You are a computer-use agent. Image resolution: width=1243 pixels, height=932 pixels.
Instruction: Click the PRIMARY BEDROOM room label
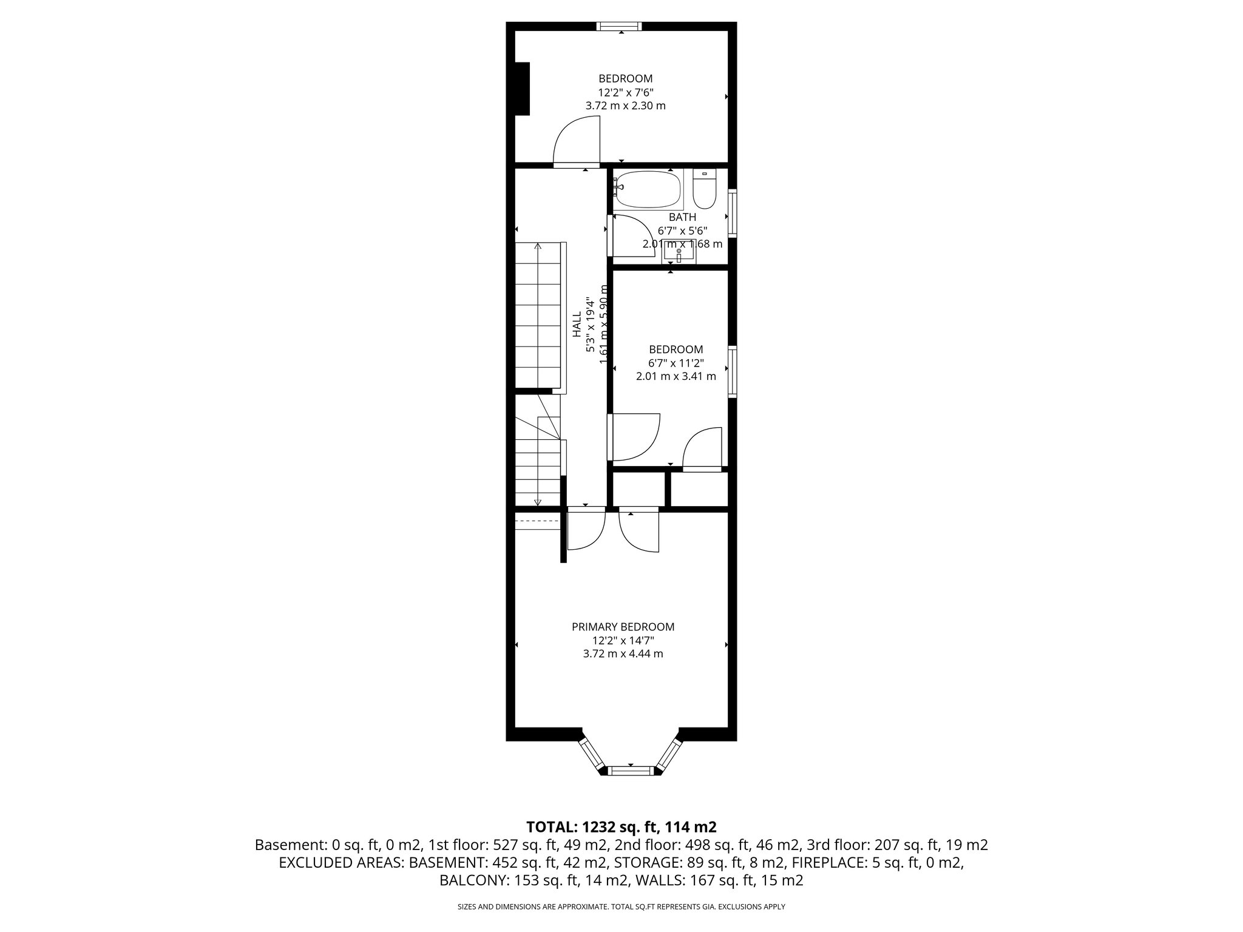(x=623, y=627)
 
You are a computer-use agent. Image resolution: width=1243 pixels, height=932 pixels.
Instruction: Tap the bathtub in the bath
(x=647, y=189)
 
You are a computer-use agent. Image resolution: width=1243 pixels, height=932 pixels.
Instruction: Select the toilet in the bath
(x=705, y=191)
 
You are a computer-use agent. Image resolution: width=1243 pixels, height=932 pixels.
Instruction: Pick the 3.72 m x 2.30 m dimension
(x=625, y=106)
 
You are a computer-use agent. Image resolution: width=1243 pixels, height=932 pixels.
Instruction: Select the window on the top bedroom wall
(x=618, y=26)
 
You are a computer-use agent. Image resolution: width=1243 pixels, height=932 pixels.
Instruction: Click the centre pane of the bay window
(x=631, y=771)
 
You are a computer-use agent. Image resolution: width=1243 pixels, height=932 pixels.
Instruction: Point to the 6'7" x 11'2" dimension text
(x=676, y=363)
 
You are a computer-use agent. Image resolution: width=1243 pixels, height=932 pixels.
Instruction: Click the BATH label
(x=682, y=217)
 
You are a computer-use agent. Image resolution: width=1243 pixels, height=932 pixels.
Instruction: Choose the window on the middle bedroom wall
(x=733, y=371)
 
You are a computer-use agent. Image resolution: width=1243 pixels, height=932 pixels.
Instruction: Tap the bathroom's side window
(x=733, y=213)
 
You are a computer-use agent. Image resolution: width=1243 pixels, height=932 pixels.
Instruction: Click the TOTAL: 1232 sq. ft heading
(x=621, y=827)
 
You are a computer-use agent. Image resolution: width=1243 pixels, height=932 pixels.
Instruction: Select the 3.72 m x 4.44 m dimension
(x=623, y=653)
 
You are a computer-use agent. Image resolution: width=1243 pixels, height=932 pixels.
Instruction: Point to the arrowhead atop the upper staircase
(x=538, y=246)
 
